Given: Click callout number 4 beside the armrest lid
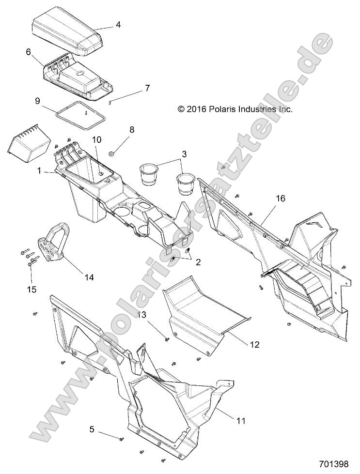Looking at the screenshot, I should [118, 24].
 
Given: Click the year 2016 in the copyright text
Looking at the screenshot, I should [196, 110].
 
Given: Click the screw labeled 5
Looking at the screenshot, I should [121, 439].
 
